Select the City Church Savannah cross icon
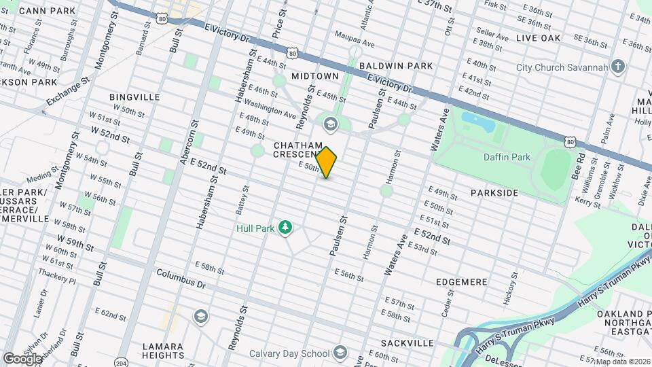[x=617, y=67]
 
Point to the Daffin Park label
[x=507, y=157]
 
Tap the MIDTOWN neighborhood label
[x=314, y=76]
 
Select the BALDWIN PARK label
[x=396, y=66]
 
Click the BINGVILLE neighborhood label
[x=134, y=97]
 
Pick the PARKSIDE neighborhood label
[x=494, y=193]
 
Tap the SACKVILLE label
[x=407, y=343]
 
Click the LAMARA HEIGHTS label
[x=163, y=351]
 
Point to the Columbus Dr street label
[x=181, y=278]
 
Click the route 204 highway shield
[x=122, y=362]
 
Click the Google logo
[x=22, y=358]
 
